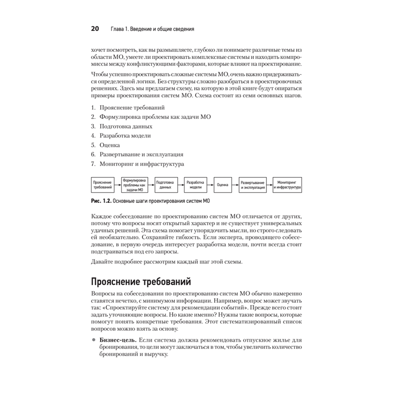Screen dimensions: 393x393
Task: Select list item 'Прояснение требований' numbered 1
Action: tap(132, 107)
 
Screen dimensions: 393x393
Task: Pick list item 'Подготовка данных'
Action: tap(126, 126)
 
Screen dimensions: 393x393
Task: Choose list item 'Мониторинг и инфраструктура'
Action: tap(141, 164)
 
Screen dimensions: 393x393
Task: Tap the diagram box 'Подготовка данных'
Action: tap(165, 185)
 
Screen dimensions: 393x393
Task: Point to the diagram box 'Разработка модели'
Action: tap(195, 185)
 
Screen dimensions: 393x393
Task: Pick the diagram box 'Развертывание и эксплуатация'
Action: tap(252, 185)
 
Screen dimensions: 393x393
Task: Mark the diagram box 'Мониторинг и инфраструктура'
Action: tap(287, 185)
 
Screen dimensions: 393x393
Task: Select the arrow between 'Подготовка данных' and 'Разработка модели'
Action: tap(180, 185)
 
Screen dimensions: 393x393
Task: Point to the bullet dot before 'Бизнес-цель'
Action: tap(94, 340)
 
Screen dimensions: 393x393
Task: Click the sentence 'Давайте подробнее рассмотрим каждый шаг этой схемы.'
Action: tap(167, 262)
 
